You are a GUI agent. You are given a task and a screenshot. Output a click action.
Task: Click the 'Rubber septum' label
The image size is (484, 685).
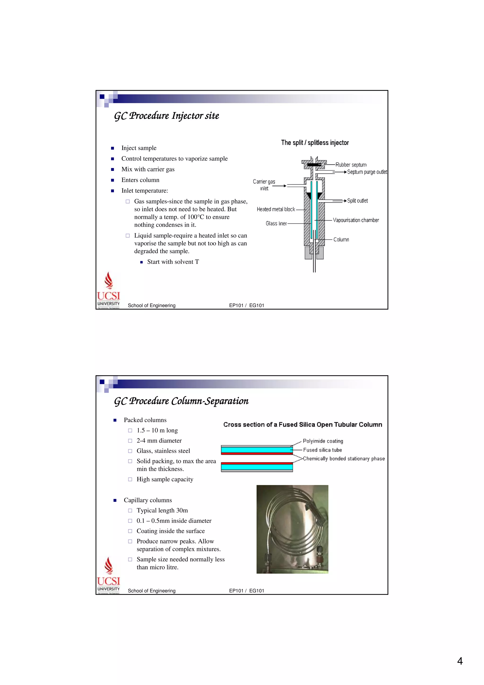351,165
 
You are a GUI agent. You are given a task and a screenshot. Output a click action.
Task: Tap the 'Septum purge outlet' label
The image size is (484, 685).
367,172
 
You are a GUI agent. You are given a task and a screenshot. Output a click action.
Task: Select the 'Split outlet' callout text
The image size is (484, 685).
357,201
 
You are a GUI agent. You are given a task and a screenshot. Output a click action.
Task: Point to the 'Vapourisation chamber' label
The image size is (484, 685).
356,220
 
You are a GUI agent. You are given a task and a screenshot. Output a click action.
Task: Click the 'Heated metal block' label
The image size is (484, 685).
276,209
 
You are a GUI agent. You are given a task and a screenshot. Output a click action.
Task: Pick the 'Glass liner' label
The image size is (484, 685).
276,223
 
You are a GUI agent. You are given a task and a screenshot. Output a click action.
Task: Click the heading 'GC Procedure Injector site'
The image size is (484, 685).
166,116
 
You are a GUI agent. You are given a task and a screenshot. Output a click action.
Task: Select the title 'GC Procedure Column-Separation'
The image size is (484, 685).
181,401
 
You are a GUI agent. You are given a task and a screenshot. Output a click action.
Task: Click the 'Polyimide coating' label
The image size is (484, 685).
323,441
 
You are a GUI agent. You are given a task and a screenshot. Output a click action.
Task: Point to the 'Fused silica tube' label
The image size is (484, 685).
322,450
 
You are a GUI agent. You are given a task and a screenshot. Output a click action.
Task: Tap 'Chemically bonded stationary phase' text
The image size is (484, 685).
344,459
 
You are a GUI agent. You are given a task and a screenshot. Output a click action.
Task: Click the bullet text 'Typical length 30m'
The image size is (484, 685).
162,511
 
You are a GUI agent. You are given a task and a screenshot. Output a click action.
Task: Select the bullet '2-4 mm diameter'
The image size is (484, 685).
159,441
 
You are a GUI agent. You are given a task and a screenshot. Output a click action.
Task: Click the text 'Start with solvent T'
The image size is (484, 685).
173,262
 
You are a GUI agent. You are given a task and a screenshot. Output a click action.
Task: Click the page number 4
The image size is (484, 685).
460,661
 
